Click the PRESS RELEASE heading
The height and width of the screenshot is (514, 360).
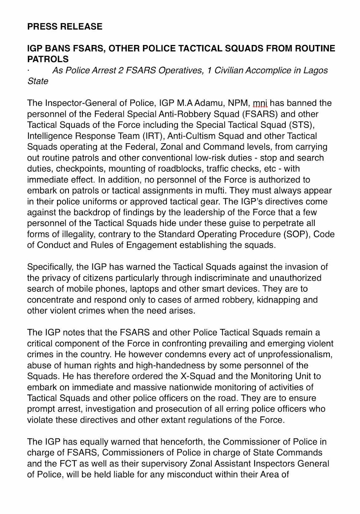point(65,26)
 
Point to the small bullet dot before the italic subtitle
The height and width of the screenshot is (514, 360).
point(29,71)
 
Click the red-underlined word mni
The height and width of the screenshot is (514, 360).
point(260,103)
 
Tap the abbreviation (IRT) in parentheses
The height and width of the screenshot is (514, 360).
point(152,136)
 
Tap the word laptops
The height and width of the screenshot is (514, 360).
point(145,289)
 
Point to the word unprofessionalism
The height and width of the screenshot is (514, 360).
point(284,354)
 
